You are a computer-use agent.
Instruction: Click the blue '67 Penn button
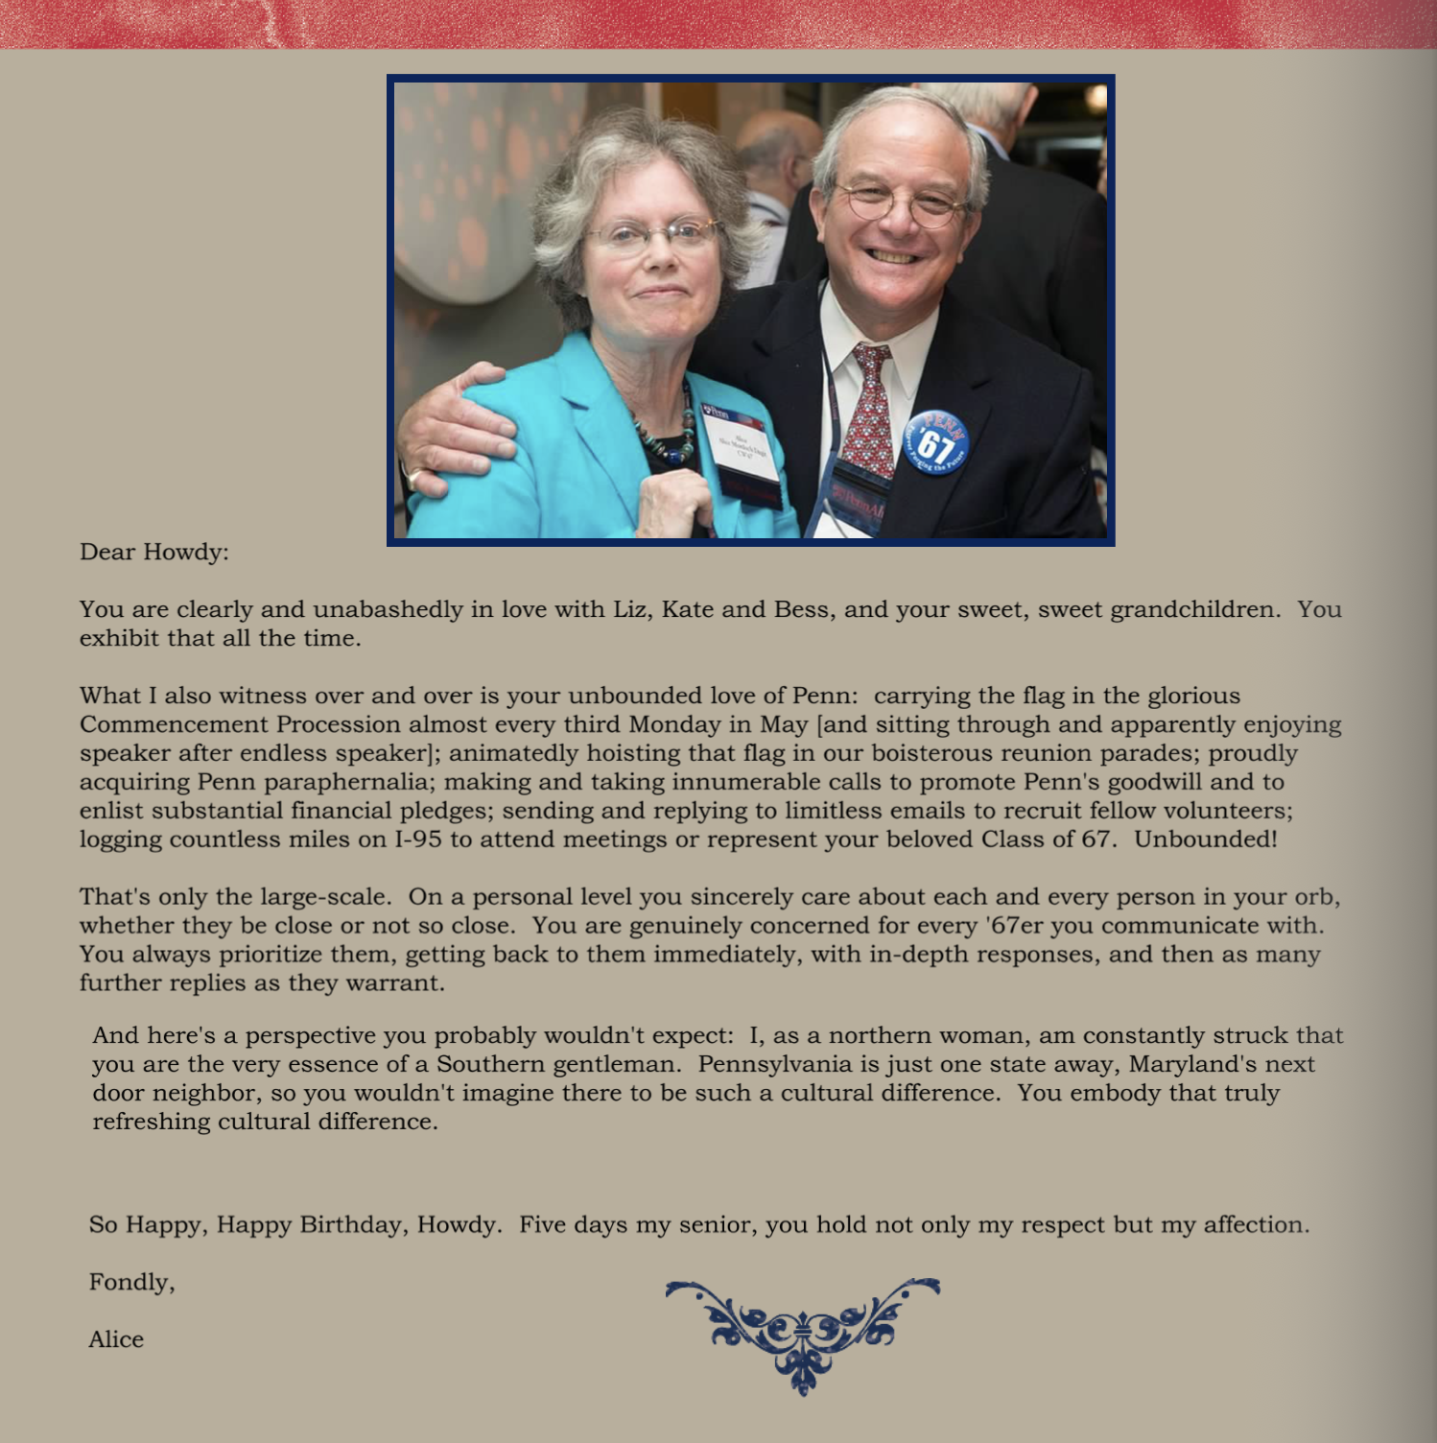[935, 442]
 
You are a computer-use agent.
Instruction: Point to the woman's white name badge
[741, 443]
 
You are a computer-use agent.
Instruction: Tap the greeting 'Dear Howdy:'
[153, 553]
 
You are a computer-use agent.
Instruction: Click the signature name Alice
[116, 1339]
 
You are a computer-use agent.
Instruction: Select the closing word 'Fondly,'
[131, 1283]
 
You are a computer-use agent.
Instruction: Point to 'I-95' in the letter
[418, 840]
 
